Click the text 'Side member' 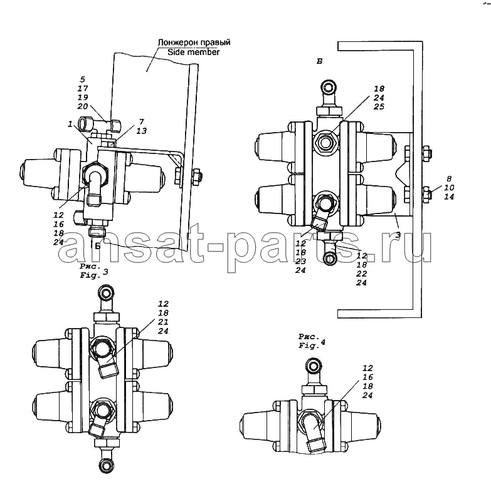(x=193, y=52)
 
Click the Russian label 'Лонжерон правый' (x=194, y=42)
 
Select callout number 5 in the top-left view (x=83, y=79)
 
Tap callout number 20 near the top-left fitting (x=83, y=106)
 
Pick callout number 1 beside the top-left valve (x=70, y=125)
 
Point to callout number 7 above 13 (x=142, y=121)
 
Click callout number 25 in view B (x=379, y=106)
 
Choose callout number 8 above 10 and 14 (x=449, y=179)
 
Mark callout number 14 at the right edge (x=449, y=197)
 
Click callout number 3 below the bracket (x=398, y=234)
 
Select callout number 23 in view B (x=300, y=262)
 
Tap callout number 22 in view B (x=361, y=274)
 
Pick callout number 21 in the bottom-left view (x=163, y=322)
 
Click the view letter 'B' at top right (x=319, y=61)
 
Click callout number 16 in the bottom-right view (x=367, y=377)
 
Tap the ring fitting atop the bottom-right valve (x=313, y=366)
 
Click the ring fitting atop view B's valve (x=329, y=87)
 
